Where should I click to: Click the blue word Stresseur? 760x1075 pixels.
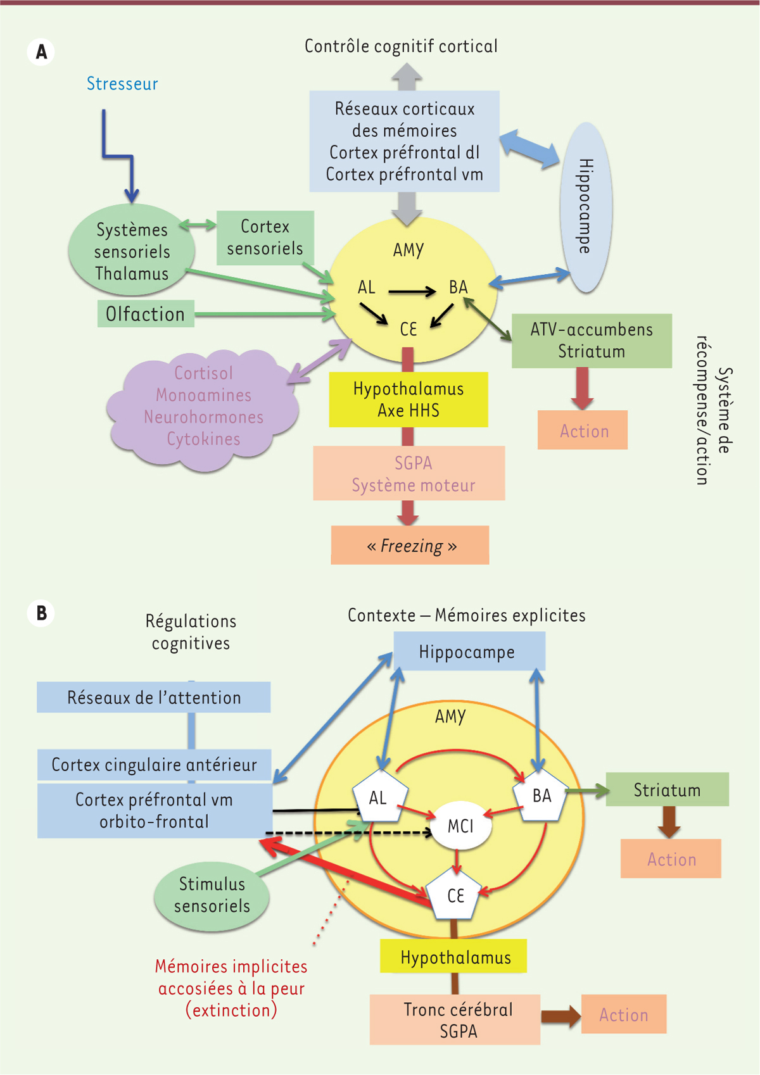click(122, 84)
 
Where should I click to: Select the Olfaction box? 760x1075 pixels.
click(146, 314)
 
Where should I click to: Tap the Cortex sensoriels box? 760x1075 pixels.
click(265, 237)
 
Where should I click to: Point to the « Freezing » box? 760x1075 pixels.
click(410, 545)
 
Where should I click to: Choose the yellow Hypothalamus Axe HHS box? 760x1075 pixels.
click(408, 399)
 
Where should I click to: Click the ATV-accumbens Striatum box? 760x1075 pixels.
click(592, 341)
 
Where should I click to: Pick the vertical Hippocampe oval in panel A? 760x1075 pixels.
click(586, 207)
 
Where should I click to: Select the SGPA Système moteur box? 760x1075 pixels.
click(409, 474)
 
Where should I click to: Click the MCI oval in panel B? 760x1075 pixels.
click(460, 826)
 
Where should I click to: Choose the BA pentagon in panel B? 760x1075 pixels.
click(541, 796)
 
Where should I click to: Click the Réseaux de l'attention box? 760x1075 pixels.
click(154, 697)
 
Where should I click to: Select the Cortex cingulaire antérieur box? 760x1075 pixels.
click(154, 765)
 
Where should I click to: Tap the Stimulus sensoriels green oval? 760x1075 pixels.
click(212, 895)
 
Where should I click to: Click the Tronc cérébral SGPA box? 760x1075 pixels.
click(455, 1020)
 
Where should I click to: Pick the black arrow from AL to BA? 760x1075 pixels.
click(412, 291)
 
